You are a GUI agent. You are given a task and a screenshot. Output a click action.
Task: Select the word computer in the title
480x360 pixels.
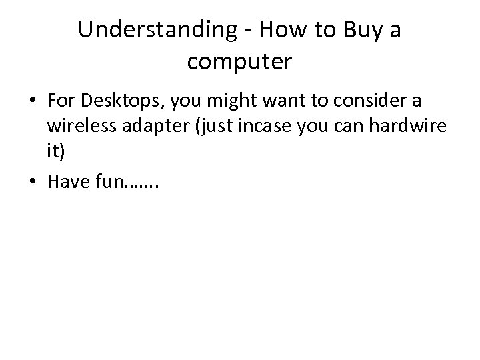click(x=239, y=62)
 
